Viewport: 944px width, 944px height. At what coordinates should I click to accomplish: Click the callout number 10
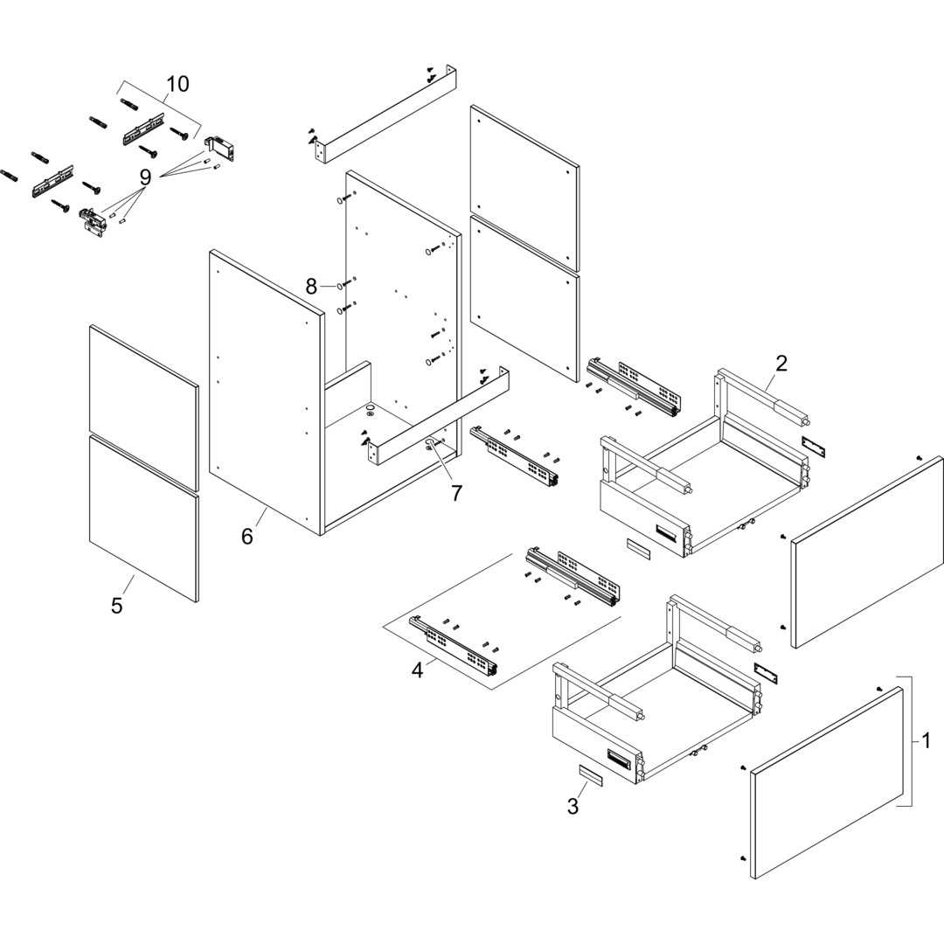coord(177,84)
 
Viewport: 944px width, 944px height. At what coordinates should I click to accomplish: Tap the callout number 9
coord(145,177)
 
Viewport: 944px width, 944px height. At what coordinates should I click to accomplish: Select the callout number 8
coord(311,286)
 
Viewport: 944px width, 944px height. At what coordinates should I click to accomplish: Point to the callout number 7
coord(456,493)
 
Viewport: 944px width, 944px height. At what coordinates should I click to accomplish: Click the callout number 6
coord(247,536)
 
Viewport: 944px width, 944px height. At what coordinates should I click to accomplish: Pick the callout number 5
coord(117,606)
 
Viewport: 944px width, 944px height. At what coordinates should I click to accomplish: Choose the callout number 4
coord(418,670)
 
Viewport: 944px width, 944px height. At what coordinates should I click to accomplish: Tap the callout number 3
coord(573,807)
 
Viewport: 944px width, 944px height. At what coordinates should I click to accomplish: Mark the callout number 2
coord(781,364)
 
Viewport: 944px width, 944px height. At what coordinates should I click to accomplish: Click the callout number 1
coord(926,741)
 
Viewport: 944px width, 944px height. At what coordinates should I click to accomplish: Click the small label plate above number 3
coord(590,775)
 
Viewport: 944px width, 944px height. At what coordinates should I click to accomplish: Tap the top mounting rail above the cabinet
coord(385,114)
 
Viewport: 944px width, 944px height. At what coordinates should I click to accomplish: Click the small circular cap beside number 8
coord(338,286)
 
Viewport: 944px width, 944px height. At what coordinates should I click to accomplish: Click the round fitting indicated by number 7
coord(431,444)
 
